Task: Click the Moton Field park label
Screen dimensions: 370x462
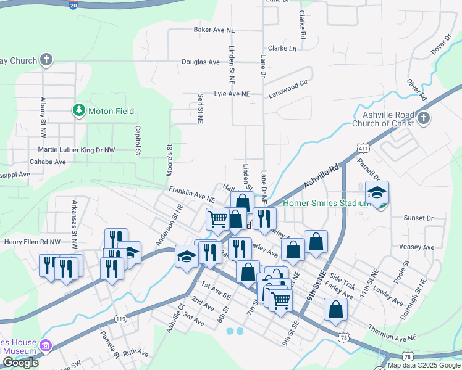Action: click(111, 111)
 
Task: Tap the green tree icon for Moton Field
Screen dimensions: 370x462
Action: click(78, 111)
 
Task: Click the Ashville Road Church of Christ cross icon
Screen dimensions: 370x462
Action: click(423, 118)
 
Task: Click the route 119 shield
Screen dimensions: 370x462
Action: click(120, 318)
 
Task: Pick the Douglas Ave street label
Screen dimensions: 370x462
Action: click(201, 62)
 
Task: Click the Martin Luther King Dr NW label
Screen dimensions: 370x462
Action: click(77, 150)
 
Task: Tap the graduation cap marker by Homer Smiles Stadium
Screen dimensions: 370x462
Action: click(377, 193)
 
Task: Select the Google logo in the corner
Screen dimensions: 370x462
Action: click(20, 363)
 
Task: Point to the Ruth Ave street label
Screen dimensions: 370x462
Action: click(136, 353)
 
